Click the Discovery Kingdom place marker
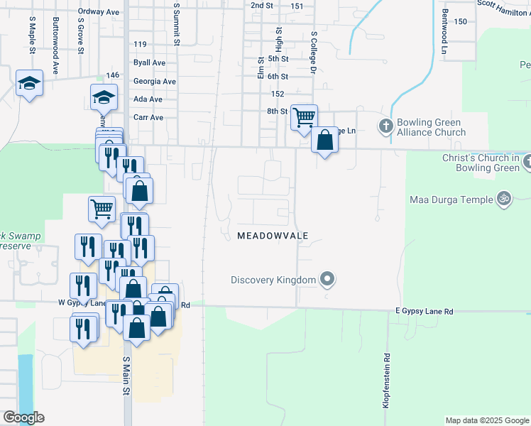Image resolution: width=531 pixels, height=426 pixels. (x=327, y=279)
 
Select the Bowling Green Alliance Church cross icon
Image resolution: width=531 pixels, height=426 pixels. (x=385, y=126)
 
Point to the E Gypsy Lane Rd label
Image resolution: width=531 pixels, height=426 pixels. (x=424, y=312)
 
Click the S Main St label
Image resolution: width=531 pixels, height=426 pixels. (x=126, y=376)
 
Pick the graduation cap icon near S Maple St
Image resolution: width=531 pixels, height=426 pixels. (x=29, y=83)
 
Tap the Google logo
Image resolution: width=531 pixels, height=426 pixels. (x=23, y=417)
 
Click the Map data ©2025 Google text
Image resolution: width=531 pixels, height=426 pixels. (x=487, y=420)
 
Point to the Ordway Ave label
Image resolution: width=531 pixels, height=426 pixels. (x=99, y=12)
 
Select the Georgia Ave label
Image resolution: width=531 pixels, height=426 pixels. (x=154, y=82)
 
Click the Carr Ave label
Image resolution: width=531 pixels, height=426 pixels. (x=148, y=117)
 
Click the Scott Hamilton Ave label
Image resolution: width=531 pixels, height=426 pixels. (x=503, y=4)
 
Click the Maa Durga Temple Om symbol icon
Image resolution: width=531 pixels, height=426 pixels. (x=504, y=199)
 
